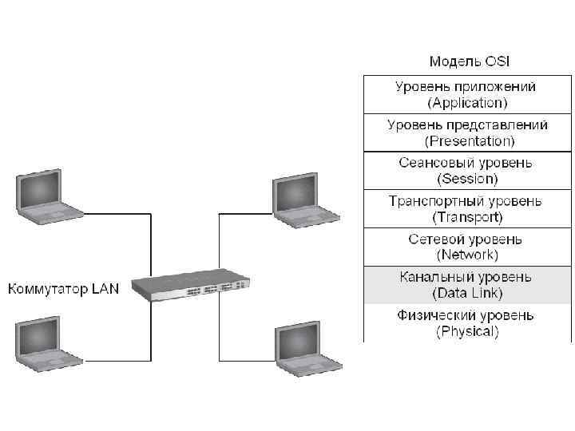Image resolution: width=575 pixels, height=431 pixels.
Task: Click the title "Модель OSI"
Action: tap(468, 61)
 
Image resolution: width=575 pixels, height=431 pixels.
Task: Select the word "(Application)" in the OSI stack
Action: tap(468, 102)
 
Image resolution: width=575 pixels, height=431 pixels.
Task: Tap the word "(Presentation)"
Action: tap(469, 140)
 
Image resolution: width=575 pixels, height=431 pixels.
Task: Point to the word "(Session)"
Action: tap(468, 178)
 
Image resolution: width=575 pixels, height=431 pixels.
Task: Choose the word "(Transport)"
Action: tap(468, 216)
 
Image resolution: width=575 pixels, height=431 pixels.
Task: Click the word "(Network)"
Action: tap(468, 255)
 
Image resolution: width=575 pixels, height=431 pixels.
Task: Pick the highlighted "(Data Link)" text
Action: tap(468, 293)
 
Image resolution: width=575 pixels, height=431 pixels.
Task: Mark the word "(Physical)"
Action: tap(468, 331)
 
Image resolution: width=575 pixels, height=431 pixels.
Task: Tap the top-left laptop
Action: tap(48, 198)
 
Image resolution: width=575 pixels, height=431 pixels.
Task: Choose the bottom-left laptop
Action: tap(48, 345)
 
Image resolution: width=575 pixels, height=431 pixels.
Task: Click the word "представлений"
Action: tap(491, 125)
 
